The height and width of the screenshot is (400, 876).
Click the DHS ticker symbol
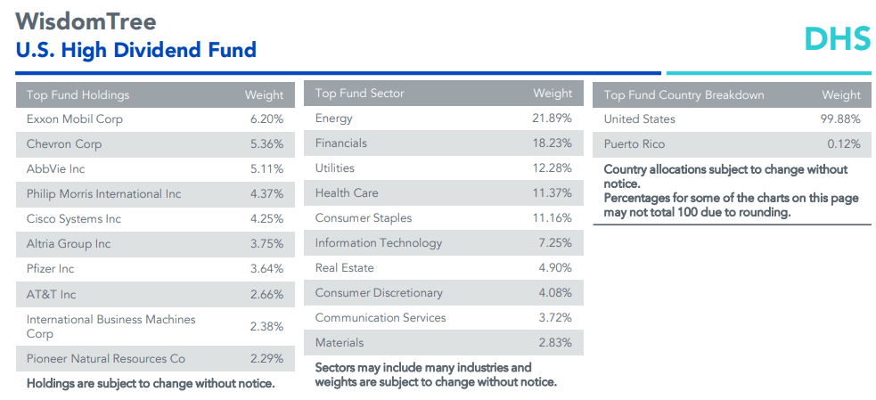coord(837,38)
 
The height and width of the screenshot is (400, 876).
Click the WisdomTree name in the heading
coord(86,21)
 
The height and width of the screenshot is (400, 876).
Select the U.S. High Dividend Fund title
coord(135,50)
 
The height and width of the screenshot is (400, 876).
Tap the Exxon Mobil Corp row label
coord(75,118)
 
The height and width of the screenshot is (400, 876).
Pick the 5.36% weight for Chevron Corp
coord(266,143)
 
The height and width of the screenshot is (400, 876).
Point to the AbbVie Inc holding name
coord(56,168)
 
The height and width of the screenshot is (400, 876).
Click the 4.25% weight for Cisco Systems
coord(266,218)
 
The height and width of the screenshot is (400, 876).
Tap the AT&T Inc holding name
coord(52,293)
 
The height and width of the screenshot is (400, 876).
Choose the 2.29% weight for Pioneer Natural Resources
coord(266,358)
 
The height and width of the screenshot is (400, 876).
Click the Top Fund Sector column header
coord(359,94)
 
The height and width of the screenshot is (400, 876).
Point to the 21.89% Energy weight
coord(553,118)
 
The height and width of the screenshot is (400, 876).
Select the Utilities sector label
coord(335,167)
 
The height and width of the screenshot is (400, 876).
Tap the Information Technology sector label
coord(379,242)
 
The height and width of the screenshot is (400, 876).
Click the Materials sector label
coord(340,342)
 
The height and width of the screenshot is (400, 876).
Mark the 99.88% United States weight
coord(840,118)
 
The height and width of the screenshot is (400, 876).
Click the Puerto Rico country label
coord(634,143)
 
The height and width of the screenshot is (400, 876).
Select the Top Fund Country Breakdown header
coord(684,94)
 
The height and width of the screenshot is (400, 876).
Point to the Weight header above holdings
coord(264,94)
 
